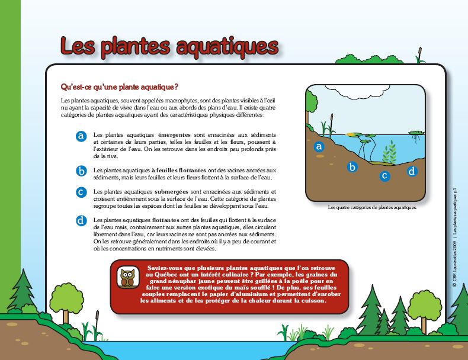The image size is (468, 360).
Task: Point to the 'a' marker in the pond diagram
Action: pyautogui.click(x=319, y=146)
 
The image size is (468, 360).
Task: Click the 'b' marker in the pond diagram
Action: pyautogui.click(x=352, y=167)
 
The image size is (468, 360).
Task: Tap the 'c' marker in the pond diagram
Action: pyautogui.click(x=384, y=175)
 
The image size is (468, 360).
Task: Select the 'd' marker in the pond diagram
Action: pyautogui.click(x=412, y=171)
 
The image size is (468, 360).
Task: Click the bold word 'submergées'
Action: pyautogui.click(x=172, y=192)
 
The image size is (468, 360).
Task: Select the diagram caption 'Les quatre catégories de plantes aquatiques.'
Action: pyautogui.click(x=373, y=208)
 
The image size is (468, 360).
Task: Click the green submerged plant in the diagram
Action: pyautogui.click(x=389, y=153)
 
